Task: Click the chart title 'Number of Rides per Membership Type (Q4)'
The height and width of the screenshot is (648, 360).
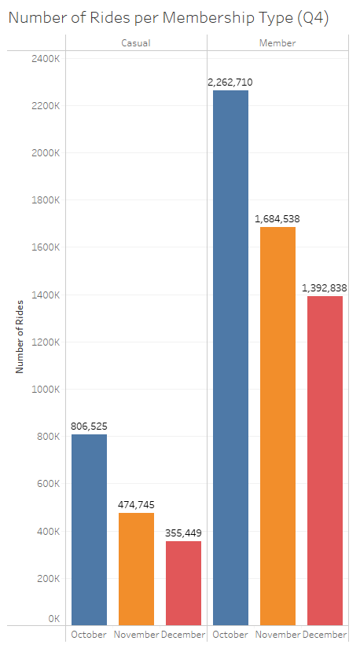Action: pos(168,19)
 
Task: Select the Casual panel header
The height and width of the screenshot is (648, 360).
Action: pos(136,43)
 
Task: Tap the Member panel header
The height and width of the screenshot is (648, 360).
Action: pos(277,43)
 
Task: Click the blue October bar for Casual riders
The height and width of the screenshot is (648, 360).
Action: pos(89,529)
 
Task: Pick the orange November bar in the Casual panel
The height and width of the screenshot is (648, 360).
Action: pos(136,569)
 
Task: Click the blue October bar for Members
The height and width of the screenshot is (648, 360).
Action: pos(230,357)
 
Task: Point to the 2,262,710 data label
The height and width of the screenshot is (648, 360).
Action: pos(230,82)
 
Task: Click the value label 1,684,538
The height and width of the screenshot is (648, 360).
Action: pos(277,218)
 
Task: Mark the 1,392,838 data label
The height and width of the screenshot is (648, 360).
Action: pos(325,287)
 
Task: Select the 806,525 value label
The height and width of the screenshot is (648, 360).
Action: pos(89,426)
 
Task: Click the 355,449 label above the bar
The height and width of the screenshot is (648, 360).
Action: pos(183,533)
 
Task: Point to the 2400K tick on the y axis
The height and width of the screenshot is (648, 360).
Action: pos(44,59)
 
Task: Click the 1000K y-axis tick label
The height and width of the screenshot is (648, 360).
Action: pos(44,390)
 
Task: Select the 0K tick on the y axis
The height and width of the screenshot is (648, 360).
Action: pos(53,619)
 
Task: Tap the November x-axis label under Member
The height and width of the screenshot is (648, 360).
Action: pos(277,635)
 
